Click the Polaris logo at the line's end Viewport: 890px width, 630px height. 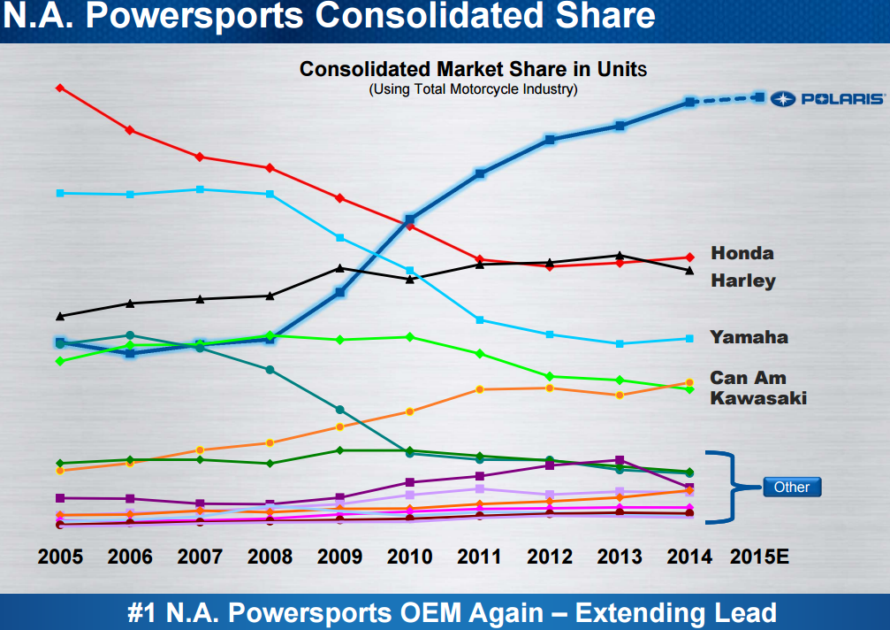pyautogui.click(x=826, y=98)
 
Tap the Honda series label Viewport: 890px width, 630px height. pyautogui.click(x=742, y=253)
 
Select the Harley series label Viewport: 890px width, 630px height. pyautogui.click(x=743, y=280)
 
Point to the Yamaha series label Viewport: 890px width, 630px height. pyautogui.click(x=749, y=337)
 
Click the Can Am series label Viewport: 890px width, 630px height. pyautogui.click(x=748, y=378)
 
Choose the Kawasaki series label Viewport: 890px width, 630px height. pyautogui.click(x=758, y=398)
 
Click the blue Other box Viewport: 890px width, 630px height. pyautogui.click(x=791, y=487)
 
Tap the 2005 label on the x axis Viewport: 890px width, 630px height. pyautogui.click(x=60, y=557)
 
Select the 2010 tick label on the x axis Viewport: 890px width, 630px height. pyautogui.click(x=410, y=557)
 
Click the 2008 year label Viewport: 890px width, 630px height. pyautogui.click(x=270, y=557)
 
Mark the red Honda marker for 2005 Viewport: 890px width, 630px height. pyautogui.click(x=59, y=88)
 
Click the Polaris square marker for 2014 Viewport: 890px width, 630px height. pyautogui.click(x=690, y=103)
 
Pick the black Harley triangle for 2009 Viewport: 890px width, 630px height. pyautogui.click(x=339, y=268)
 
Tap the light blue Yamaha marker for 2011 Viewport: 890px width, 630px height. pyautogui.click(x=480, y=319)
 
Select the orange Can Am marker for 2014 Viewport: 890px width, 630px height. pyautogui.click(x=689, y=382)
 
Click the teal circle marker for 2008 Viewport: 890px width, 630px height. pyautogui.click(x=270, y=369)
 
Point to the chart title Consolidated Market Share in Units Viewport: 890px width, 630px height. pyautogui.click(x=473, y=69)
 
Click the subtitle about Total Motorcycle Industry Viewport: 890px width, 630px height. pyautogui.click(x=473, y=89)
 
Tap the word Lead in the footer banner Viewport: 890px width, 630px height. pyautogui.click(x=746, y=613)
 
